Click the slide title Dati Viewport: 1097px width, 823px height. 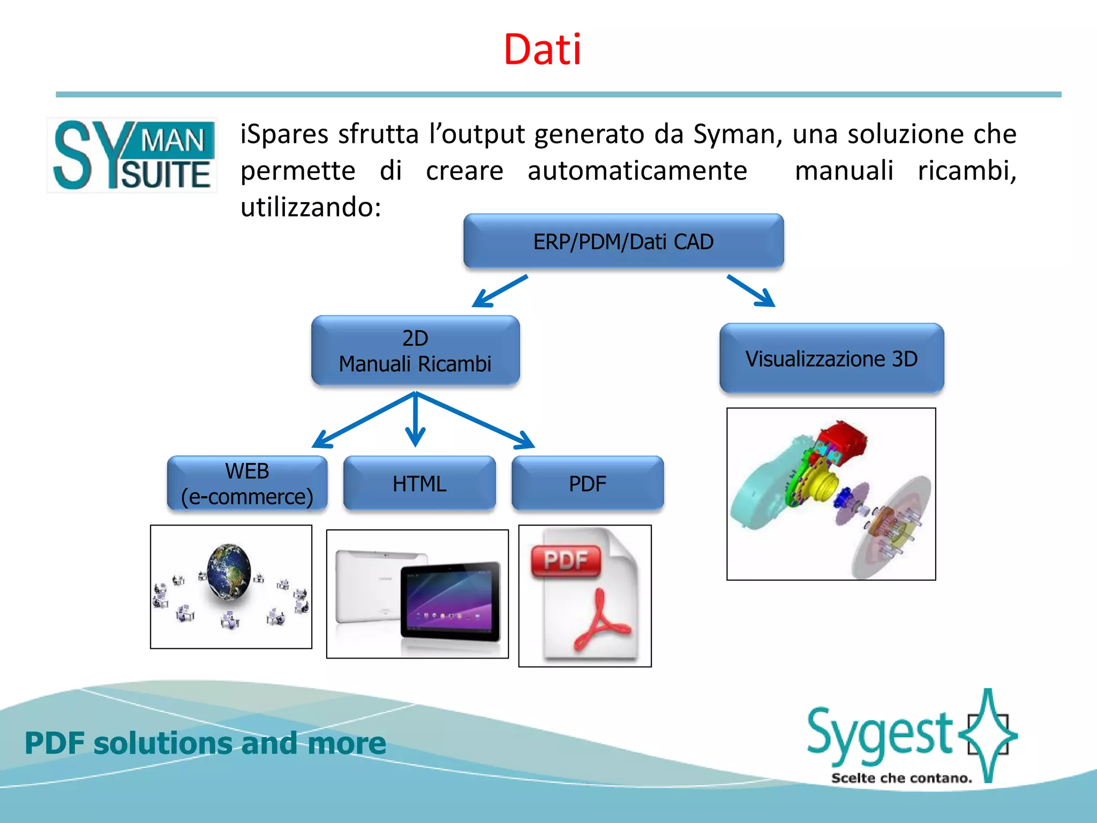point(542,50)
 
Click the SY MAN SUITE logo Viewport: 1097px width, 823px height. point(133,155)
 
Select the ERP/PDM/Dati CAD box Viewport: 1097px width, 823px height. point(623,242)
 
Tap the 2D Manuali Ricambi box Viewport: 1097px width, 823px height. point(415,351)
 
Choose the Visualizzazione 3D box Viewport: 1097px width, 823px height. point(831,358)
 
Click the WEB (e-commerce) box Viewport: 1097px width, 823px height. point(247,484)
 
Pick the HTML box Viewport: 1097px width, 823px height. point(419,484)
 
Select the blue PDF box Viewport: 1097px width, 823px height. point(587,484)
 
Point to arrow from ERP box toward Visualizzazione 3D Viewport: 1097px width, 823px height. point(751,291)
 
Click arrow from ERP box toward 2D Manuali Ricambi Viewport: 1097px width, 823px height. point(499,291)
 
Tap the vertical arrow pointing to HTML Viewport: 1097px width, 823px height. point(415,421)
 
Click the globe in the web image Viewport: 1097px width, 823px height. point(229,571)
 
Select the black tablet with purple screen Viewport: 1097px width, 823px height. point(450,600)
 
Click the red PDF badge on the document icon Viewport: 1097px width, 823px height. point(566,561)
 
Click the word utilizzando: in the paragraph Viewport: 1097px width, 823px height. point(311,207)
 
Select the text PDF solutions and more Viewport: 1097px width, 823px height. point(205,743)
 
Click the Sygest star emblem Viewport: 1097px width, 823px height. point(989,734)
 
